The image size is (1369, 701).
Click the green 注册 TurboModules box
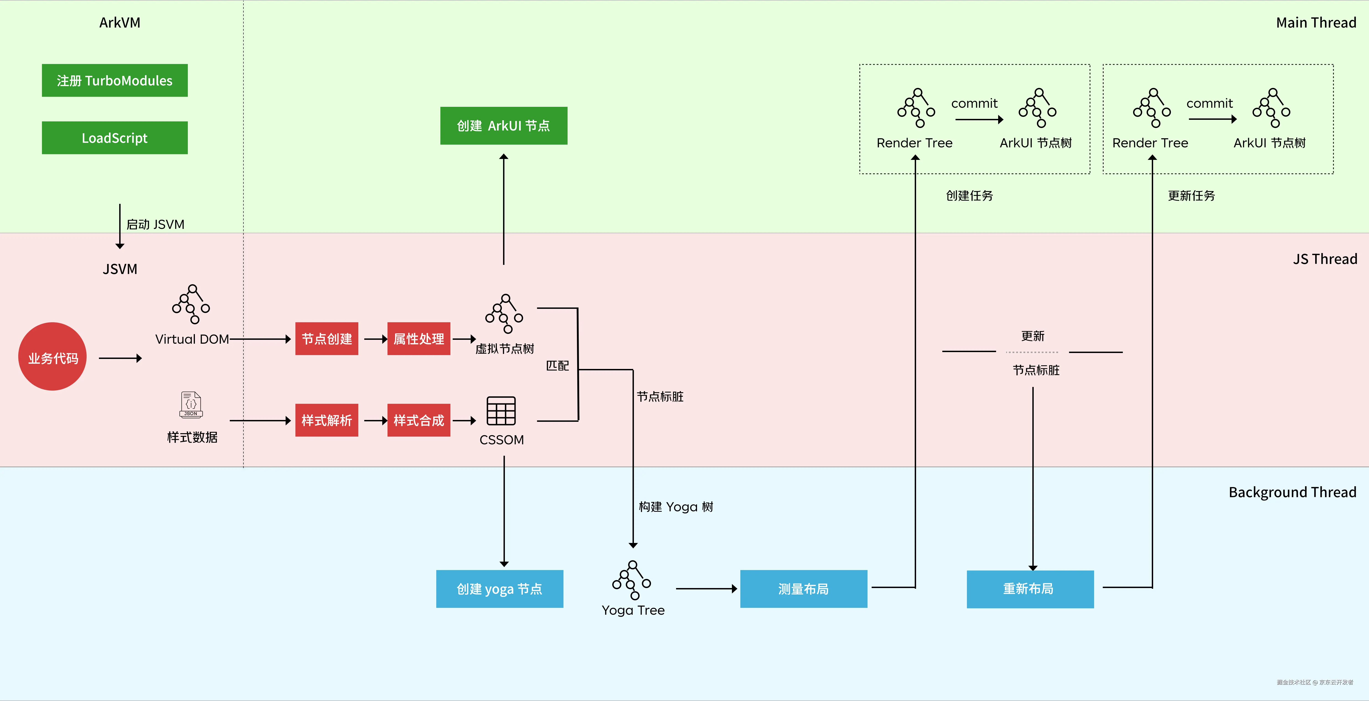115,81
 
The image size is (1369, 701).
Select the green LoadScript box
115,138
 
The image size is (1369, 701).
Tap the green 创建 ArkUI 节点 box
503,126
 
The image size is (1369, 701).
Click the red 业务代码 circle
53,357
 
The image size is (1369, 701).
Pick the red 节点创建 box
326,339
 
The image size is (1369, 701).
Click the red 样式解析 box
326,421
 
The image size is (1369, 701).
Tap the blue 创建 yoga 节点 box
500,589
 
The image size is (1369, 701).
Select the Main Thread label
1316,23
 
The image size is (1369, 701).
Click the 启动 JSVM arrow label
155,225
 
